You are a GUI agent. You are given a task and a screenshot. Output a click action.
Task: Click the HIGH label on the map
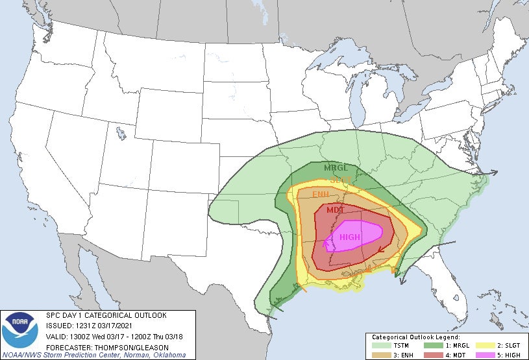pos(349,237)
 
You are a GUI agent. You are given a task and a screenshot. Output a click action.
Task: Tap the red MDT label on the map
pos(336,210)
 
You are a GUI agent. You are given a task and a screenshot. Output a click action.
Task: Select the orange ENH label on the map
pos(321,195)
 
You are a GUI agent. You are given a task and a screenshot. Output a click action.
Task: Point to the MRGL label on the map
pos(337,168)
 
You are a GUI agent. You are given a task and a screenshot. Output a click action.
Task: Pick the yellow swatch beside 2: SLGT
pos(484,345)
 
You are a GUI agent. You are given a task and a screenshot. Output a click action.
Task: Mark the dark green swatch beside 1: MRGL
pos(434,345)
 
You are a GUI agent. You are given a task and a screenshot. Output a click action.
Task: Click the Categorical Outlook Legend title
pos(415,337)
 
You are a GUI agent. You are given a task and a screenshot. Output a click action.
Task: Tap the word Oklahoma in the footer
pos(169,355)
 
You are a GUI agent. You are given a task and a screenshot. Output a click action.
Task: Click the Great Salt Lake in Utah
pos(121,134)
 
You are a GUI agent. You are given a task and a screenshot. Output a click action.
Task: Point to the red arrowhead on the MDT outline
pos(380,248)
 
